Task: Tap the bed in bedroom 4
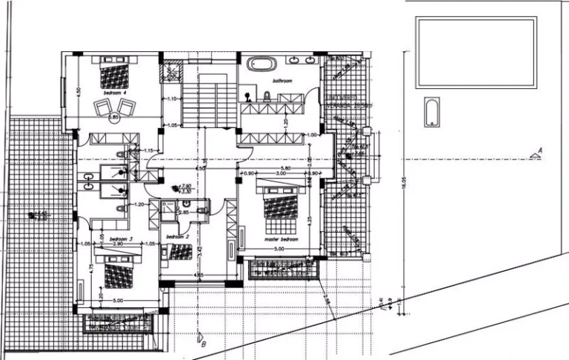coord(113,74)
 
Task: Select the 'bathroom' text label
coord(283,80)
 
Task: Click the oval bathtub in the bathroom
coord(260,64)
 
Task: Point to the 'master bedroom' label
coord(281,240)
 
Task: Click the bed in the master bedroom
coord(279,205)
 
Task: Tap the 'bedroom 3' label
coord(121,239)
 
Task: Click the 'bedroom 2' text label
coord(178,236)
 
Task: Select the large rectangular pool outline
coord(476,52)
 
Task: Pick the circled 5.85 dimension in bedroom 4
coord(113,116)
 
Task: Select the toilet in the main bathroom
coord(267,95)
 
